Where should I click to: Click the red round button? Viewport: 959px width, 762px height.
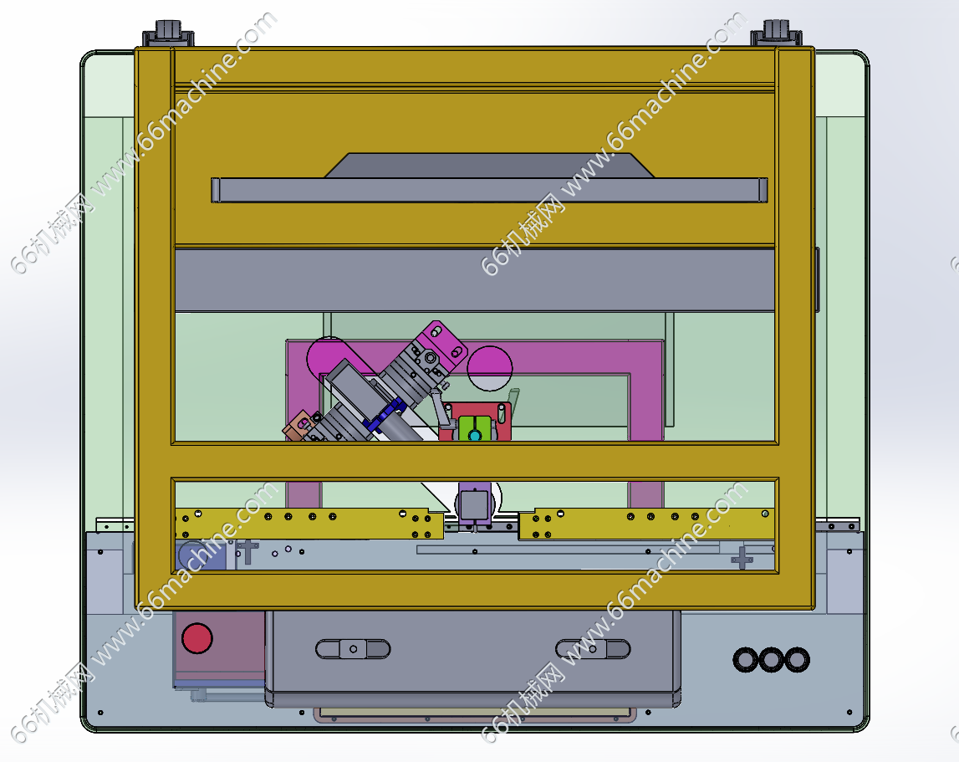click(197, 637)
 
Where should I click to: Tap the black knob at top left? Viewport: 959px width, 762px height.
click(168, 33)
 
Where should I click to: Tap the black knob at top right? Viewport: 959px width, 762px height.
click(776, 33)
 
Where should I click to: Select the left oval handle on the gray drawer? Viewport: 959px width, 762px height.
click(353, 649)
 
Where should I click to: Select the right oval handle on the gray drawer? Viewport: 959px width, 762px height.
click(593, 649)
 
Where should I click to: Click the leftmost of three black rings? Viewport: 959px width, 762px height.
click(746, 660)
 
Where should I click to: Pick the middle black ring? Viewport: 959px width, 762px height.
click(771, 660)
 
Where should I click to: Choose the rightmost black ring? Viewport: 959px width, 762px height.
click(798, 660)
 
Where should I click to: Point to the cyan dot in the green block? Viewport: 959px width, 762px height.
click(475, 435)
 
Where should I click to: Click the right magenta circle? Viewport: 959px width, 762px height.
click(490, 368)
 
